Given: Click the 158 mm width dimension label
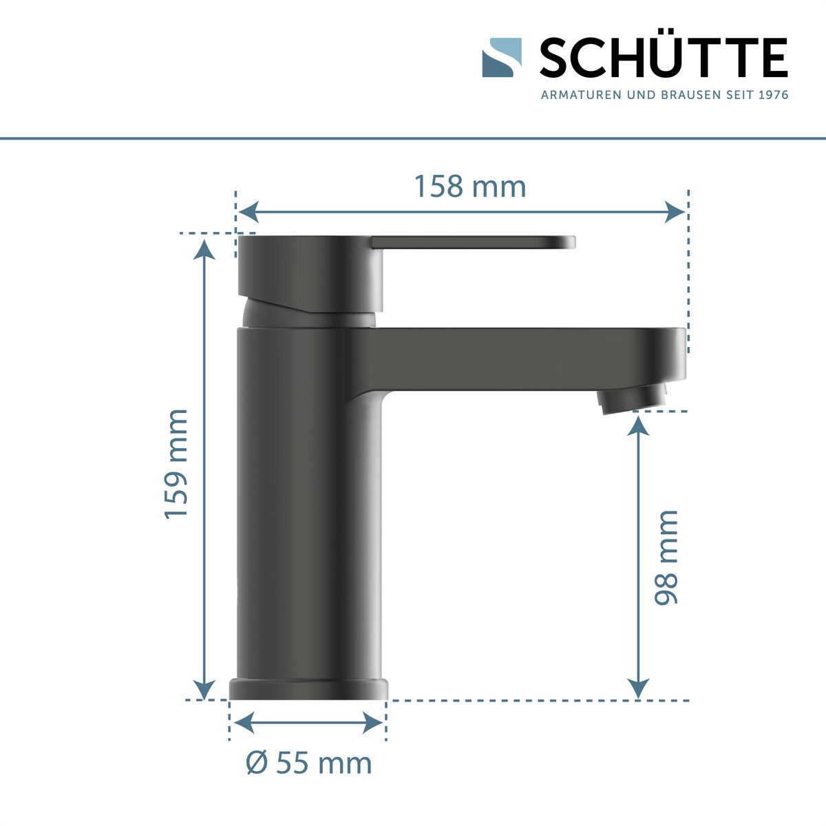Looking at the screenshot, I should coord(469,187).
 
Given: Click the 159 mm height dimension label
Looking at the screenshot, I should coord(176,464).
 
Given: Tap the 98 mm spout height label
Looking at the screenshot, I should coord(666,558).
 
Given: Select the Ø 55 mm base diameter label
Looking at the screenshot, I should coord(309,763).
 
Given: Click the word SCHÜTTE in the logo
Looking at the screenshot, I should coord(664,58).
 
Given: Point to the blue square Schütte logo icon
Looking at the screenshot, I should coord(502,57).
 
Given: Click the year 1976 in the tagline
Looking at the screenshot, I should coord(772,95).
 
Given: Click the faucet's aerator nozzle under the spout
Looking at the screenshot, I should coord(633,400).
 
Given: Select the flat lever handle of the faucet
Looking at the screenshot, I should coord(475,242).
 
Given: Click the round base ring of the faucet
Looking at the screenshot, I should coord(308,689).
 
